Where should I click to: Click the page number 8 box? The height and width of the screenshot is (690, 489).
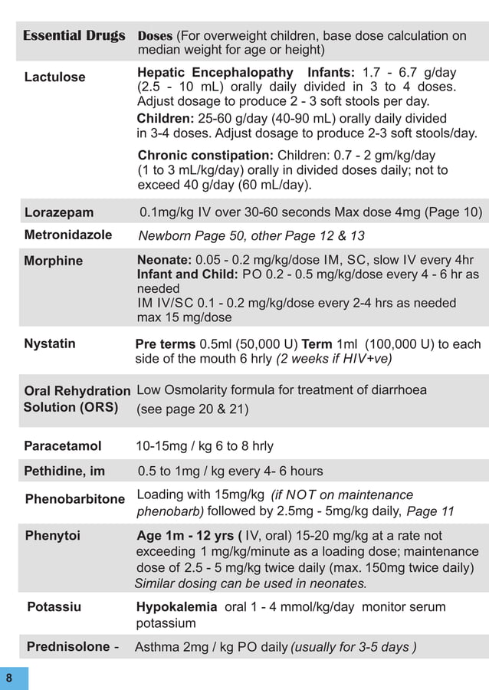[x=10, y=678]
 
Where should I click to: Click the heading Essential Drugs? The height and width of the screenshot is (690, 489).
[x=74, y=36]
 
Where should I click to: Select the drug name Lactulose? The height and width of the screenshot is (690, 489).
[x=55, y=77]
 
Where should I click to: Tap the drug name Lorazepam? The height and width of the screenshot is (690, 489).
[x=59, y=212]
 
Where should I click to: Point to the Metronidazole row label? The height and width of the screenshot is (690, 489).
[x=68, y=235]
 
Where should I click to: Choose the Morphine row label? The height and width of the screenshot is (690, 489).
[x=54, y=261]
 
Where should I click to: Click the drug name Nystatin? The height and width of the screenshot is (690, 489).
[x=50, y=343]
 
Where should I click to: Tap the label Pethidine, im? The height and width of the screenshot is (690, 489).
[x=64, y=471]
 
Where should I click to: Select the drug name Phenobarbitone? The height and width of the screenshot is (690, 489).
[x=75, y=499]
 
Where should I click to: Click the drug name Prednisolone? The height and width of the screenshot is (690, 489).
[x=68, y=646]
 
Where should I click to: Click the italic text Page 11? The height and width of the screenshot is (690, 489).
[x=430, y=511]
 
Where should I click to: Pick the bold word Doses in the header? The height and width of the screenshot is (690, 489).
[x=155, y=36]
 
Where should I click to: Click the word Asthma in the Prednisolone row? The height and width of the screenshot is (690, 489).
[x=157, y=647]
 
